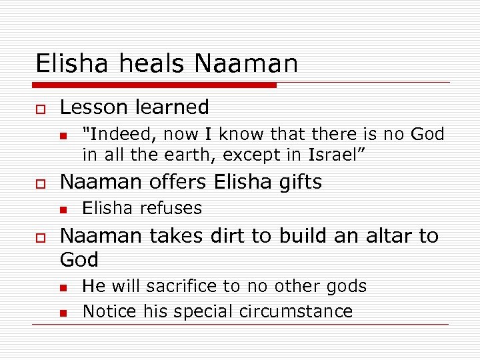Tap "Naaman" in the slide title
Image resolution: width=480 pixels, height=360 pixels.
[247, 63]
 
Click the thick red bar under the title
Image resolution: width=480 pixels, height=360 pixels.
[155, 85]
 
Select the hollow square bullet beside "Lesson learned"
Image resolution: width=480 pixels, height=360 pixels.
[40, 108]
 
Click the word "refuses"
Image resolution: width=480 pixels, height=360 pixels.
[171, 208]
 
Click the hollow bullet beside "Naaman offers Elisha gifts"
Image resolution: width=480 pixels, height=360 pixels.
[40, 183]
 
